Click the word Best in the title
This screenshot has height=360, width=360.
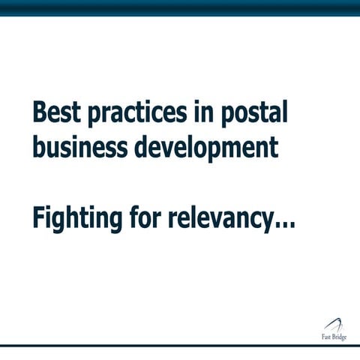(x=56, y=113)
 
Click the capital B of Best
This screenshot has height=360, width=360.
(x=39, y=113)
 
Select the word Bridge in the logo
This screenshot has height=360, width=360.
(x=340, y=337)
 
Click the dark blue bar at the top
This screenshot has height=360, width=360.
(x=180, y=7)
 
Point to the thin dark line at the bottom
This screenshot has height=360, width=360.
(x=180, y=346)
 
